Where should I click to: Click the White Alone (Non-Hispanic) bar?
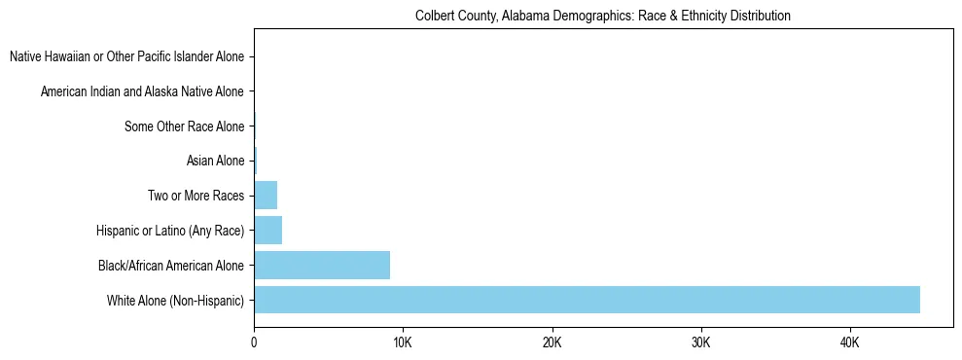(587, 300)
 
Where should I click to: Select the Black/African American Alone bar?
(322, 265)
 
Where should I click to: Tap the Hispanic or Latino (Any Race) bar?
(267, 231)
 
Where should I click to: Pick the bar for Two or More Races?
(266, 196)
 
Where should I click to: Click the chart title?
(602, 17)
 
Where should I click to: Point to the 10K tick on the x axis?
(403, 343)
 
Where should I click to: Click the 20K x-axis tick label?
(552, 343)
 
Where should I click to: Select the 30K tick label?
(700, 343)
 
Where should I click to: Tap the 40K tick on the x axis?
(849, 343)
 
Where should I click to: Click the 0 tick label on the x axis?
(254, 343)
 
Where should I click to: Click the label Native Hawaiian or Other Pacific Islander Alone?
(127, 57)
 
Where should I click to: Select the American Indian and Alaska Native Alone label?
(143, 91)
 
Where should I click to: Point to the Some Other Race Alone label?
(185, 126)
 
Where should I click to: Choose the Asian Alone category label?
(215, 161)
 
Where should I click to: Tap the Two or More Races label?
(196, 196)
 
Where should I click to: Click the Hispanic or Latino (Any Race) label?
(170, 231)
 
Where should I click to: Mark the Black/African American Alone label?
(171, 265)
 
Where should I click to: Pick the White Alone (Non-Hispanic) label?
(176, 300)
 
